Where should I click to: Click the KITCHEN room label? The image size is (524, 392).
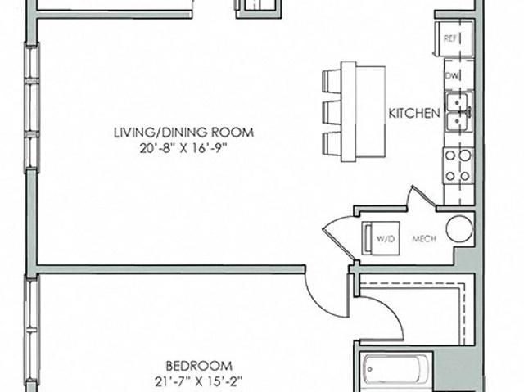(414, 114)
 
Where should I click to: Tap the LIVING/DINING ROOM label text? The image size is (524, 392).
(183, 133)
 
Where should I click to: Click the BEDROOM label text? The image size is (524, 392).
(199, 366)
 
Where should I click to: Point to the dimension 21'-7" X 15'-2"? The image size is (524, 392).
(199, 381)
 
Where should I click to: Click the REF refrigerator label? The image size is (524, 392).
(449, 38)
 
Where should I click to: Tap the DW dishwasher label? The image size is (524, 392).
(453, 76)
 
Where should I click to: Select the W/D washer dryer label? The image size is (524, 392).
(386, 239)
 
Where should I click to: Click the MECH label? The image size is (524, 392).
(424, 239)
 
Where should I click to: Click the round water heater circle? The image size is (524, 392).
(460, 228)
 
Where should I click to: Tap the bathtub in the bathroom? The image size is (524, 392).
(396, 370)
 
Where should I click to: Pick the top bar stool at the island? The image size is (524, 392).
(332, 82)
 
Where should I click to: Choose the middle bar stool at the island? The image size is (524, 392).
(332, 112)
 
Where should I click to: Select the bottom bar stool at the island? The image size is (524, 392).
(332, 144)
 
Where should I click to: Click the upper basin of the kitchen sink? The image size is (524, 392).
(457, 101)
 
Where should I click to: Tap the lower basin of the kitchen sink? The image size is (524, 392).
(457, 122)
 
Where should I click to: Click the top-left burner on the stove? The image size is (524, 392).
(450, 155)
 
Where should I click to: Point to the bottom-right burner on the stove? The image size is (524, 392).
(465, 176)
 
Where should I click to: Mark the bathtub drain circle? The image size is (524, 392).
(370, 370)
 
